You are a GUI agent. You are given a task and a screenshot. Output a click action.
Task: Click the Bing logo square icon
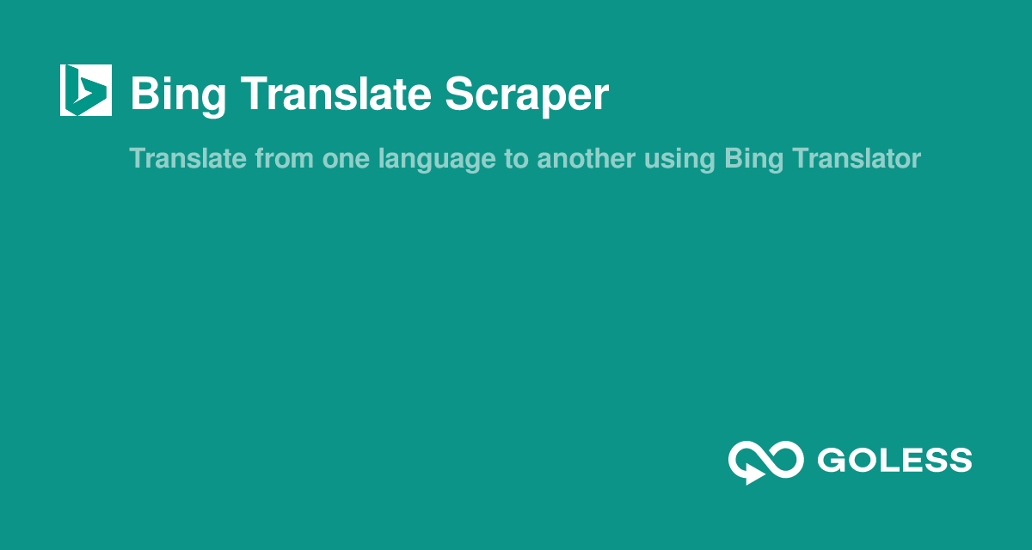pos(85,90)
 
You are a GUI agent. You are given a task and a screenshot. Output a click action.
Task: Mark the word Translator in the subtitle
pos(857,159)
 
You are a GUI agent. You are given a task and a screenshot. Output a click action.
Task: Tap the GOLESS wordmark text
pos(894,461)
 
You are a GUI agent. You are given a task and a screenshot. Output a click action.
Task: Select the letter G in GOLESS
pos(831,461)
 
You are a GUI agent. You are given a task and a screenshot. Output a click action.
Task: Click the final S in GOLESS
pos(960,461)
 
